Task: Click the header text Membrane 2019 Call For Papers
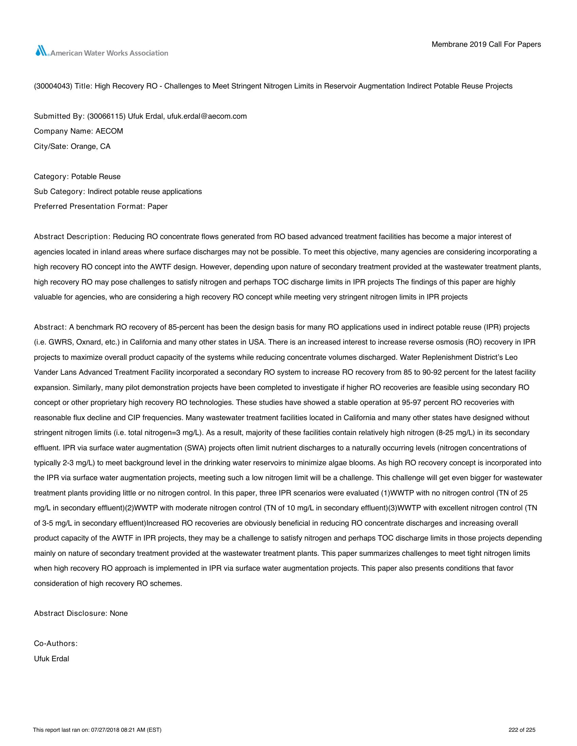486,44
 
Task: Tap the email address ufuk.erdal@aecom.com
207,116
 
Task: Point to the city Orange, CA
91,146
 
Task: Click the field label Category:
51,177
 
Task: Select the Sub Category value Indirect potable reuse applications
145,192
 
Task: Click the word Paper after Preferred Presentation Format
157,207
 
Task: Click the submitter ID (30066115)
106,116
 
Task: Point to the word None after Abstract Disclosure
118,613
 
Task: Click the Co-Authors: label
56,644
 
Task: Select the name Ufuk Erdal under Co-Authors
51,659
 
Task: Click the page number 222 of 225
522,730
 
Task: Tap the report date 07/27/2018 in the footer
105,730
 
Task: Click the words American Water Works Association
109,53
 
